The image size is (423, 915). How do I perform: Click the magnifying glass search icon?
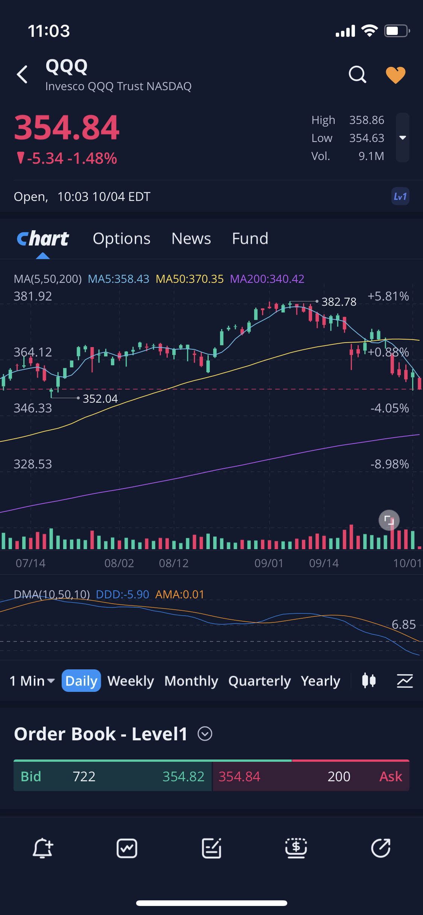point(357,74)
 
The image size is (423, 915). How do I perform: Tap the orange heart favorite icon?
point(396,75)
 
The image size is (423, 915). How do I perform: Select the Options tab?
point(121,239)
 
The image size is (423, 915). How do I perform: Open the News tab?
point(191,239)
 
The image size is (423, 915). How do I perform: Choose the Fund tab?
point(250,239)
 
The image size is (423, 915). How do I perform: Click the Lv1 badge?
point(400,196)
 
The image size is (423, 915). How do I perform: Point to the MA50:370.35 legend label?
point(190,279)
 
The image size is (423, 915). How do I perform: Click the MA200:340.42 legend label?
point(267,279)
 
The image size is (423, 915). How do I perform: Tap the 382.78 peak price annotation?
point(339,302)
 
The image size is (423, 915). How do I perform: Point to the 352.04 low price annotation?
point(100,399)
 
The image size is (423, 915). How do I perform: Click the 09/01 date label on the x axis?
point(269,563)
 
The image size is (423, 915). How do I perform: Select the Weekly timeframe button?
point(131,681)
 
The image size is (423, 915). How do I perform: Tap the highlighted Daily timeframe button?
point(81,681)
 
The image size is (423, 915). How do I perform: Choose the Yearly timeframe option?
point(320,681)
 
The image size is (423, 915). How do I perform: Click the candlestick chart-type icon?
point(369,681)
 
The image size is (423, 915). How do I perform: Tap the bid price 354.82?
point(183,776)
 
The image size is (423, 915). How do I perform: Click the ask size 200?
point(339,776)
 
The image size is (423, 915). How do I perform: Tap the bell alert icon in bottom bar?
point(42,848)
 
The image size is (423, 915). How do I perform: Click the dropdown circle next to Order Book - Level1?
point(205,734)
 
